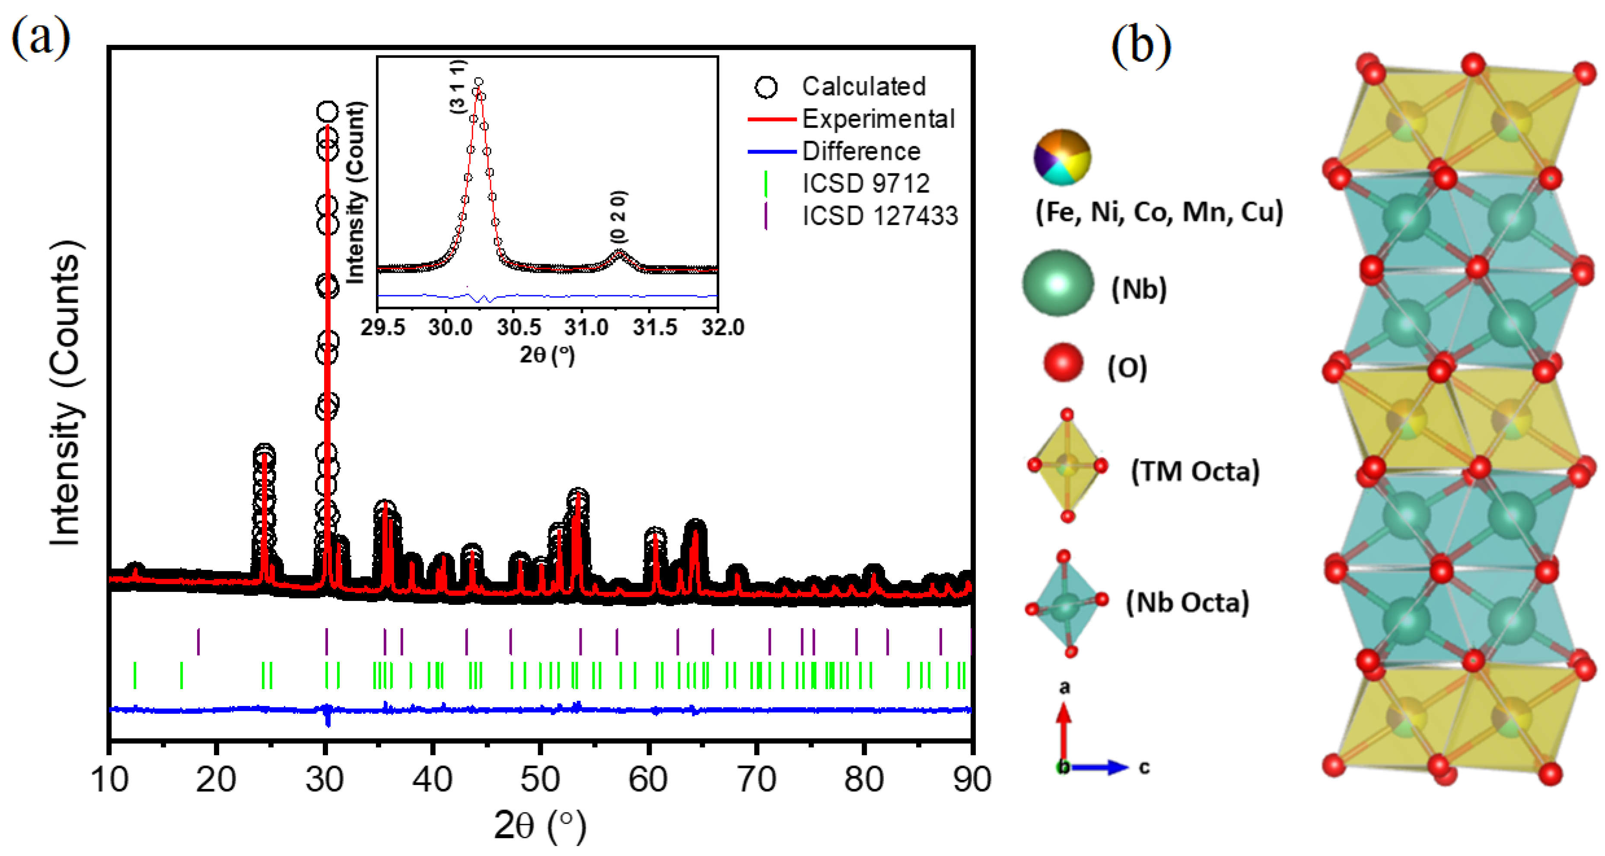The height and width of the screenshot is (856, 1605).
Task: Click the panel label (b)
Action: pyautogui.click(x=1141, y=45)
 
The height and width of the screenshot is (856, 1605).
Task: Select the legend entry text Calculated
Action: pyautogui.click(x=863, y=86)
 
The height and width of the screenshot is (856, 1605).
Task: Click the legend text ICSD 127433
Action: pyautogui.click(x=880, y=216)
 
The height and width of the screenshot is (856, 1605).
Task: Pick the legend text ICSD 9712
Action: pyautogui.click(x=866, y=183)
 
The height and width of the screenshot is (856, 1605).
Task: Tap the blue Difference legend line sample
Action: pyautogui.click(x=771, y=151)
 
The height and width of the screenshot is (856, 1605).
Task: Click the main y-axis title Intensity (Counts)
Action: pyautogui.click(x=65, y=393)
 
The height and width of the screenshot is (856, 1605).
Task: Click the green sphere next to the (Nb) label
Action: pyautogui.click(x=1058, y=283)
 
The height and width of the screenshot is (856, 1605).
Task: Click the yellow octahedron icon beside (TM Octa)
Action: pyautogui.click(x=1067, y=466)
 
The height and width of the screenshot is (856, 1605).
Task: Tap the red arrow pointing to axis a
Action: pyautogui.click(x=1064, y=729)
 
